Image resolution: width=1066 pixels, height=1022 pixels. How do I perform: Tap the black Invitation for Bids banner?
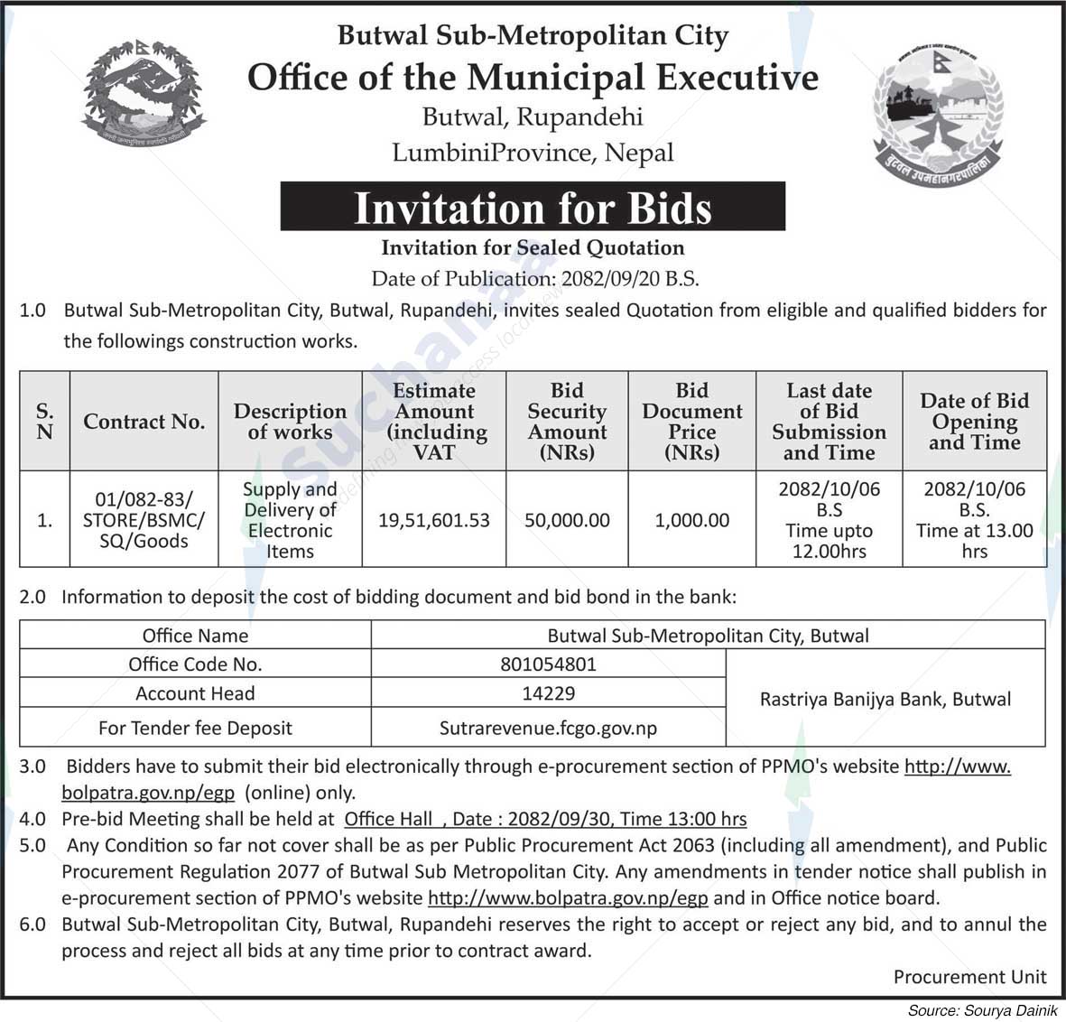533,208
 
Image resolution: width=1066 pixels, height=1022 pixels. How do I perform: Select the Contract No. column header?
144,422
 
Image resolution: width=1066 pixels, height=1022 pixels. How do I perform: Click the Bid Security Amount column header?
567,422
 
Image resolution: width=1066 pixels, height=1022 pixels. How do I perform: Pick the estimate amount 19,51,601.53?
434,520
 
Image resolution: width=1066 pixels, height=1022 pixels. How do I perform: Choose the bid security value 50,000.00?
567,520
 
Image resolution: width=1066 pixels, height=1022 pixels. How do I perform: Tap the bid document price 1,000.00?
692,520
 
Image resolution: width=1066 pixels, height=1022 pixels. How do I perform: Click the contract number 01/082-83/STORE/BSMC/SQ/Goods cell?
144,520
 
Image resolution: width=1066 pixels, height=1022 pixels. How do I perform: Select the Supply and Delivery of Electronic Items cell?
290,520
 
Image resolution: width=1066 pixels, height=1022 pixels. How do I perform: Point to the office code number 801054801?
548,664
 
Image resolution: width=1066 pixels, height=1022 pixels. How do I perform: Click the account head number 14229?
548,693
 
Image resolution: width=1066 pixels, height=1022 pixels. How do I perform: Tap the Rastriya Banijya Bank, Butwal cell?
885,699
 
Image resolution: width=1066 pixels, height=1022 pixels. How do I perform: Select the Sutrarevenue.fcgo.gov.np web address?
548,727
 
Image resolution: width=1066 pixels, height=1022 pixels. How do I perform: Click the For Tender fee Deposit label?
195,727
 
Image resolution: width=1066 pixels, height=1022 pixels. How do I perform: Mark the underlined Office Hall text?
389,820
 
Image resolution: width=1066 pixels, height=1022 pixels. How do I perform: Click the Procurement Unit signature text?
969,976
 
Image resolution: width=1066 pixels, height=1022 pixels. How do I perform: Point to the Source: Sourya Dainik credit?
983,1010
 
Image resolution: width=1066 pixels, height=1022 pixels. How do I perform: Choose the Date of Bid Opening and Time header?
974,422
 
